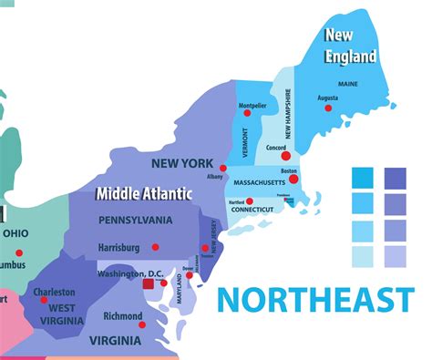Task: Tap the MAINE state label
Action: click(x=348, y=85)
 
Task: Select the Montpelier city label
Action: click(x=252, y=106)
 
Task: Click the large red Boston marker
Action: click(x=286, y=181)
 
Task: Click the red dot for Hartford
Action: click(x=251, y=201)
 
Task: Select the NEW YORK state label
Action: click(x=183, y=163)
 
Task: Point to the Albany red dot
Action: click(x=223, y=168)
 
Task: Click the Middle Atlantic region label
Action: click(x=144, y=193)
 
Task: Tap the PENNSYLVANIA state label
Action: click(x=135, y=220)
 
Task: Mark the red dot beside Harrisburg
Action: click(x=155, y=247)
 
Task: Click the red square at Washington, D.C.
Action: click(x=148, y=284)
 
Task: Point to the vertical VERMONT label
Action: click(x=245, y=141)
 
